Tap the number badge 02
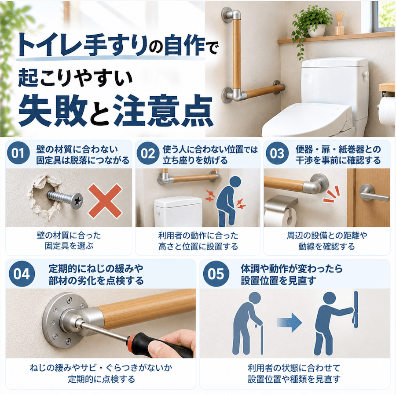(148, 153)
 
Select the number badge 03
(277, 153)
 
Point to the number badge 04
(22, 274)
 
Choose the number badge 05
(216, 274)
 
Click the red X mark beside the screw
(105, 201)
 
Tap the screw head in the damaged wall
(77, 200)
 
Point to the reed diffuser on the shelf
(339, 23)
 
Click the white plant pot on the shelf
(317, 31)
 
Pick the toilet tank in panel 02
(178, 211)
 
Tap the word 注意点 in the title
(163, 111)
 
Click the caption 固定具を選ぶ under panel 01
(69, 246)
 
